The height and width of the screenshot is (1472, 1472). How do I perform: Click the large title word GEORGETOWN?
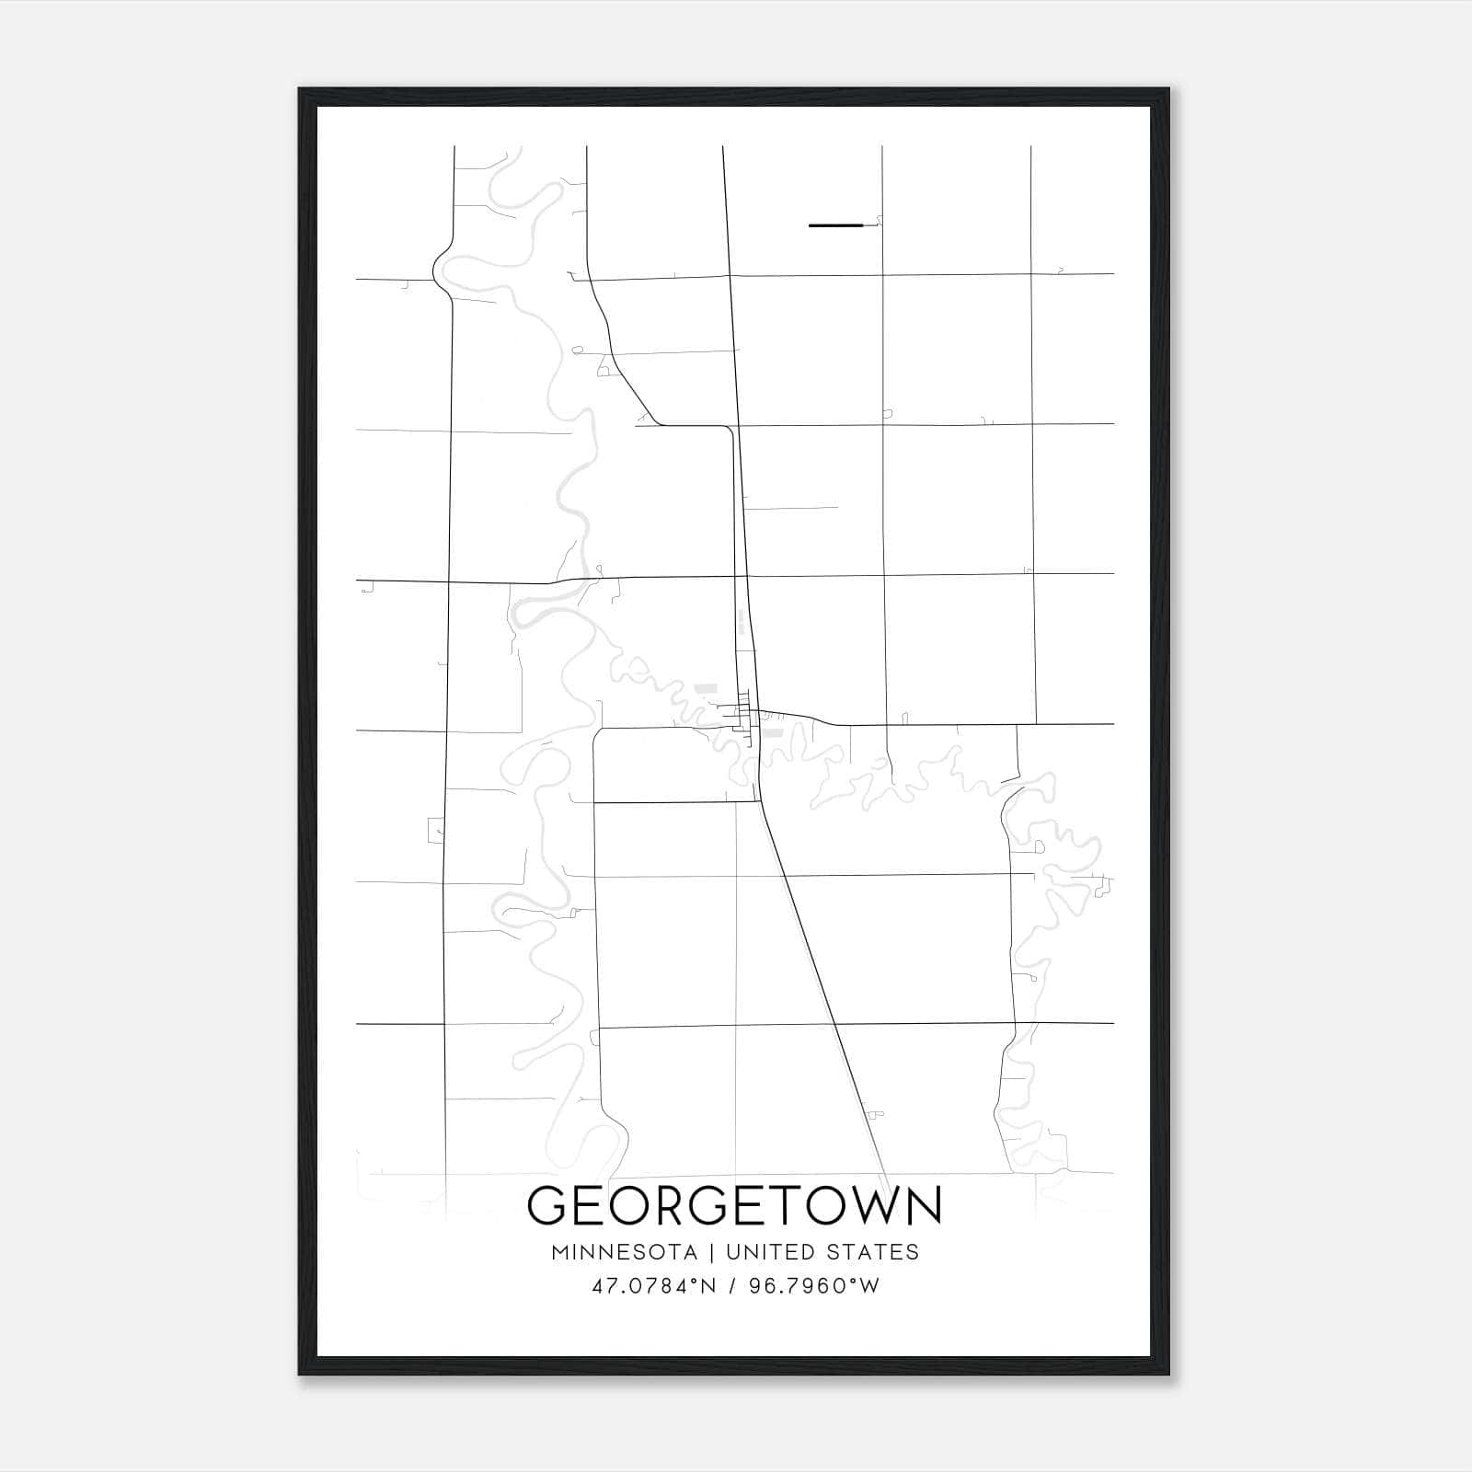pos(734,1205)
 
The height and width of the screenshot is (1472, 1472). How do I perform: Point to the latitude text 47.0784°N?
pos(654,1286)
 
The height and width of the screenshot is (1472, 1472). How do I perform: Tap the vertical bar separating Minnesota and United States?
pos(711,1252)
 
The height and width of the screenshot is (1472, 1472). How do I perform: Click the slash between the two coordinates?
pos(732,1286)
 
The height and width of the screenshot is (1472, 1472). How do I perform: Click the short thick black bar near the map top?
pos(835,224)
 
